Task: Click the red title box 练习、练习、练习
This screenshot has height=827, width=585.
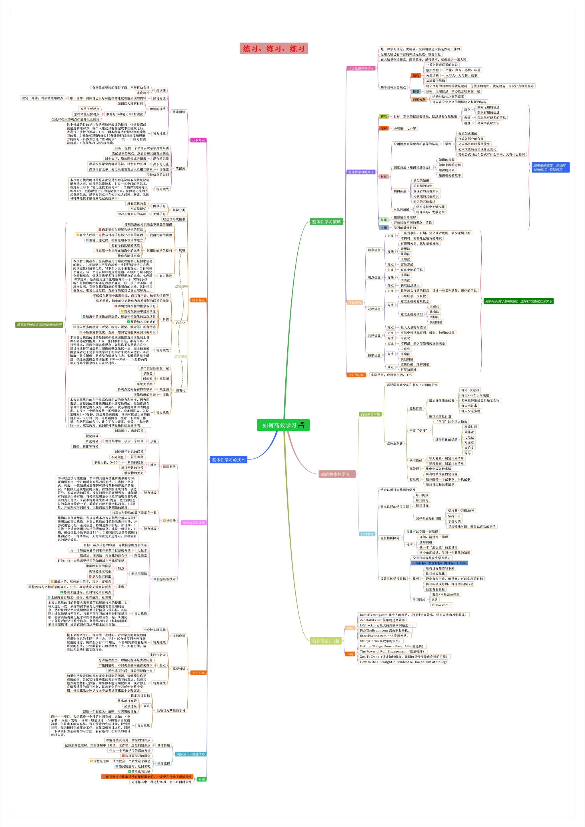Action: (x=273, y=49)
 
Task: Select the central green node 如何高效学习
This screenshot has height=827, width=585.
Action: (x=283, y=425)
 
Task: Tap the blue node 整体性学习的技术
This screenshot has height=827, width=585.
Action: (x=229, y=459)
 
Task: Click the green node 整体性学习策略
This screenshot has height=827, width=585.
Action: (x=326, y=222)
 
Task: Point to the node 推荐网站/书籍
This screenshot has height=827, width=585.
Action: (x=326, y=641)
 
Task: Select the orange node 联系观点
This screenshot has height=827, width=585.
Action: (x=198, y=300)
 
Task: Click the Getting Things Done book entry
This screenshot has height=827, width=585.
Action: (x=392, y=646)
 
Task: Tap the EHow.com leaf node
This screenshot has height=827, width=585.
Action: (x=440, y=605)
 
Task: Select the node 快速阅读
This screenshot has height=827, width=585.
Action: (x=179, y=112)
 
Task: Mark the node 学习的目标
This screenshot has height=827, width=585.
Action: (x=356, y=375)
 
